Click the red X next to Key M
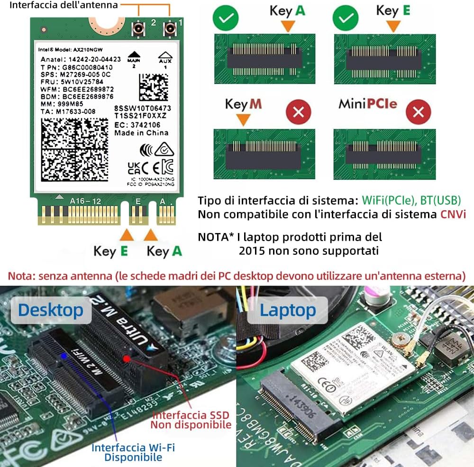(298, 112)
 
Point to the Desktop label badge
(50, 311)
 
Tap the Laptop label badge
(287, 311)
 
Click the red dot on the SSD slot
(127, 359)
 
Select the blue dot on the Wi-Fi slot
(64, 354)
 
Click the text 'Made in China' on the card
(141, 133)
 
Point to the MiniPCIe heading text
(368, 103)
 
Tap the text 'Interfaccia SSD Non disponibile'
(191, 420)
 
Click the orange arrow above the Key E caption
(126, 234)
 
